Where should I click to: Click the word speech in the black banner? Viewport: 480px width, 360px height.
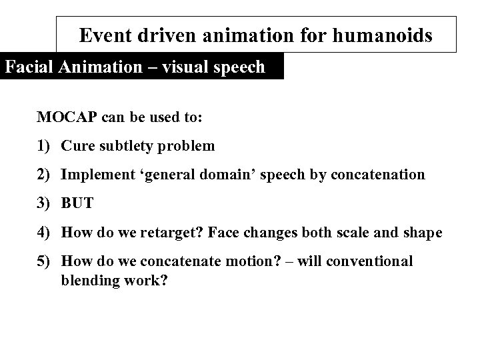(241, 67)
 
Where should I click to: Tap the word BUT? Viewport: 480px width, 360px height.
(77, 203)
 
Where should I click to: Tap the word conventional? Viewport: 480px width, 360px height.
(371, 261)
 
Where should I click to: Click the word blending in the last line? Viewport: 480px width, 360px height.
(87, 281)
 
